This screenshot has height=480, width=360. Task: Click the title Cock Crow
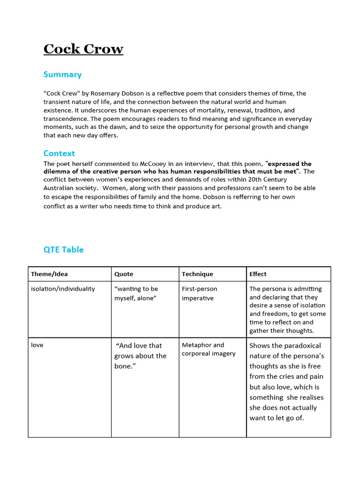[x=83, y=49]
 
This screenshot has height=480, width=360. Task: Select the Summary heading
[x=62, y=75]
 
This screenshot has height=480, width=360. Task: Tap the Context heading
[x=59, y=153]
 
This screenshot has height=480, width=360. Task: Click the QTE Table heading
[x=63, y=250]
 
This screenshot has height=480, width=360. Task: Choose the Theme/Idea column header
[x=49, y=274]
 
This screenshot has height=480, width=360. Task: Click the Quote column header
[x=124, y=274]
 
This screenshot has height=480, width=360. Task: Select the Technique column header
[x=197, y=274]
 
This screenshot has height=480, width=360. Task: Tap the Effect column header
[x=258, y=274]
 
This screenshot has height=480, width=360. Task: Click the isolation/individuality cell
[x=63, y=289]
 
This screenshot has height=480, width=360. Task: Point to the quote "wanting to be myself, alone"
[x=136, y=293]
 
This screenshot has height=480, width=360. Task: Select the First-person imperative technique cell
[x=199, y=293]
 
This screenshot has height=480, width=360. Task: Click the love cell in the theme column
[x=37, y=345]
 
